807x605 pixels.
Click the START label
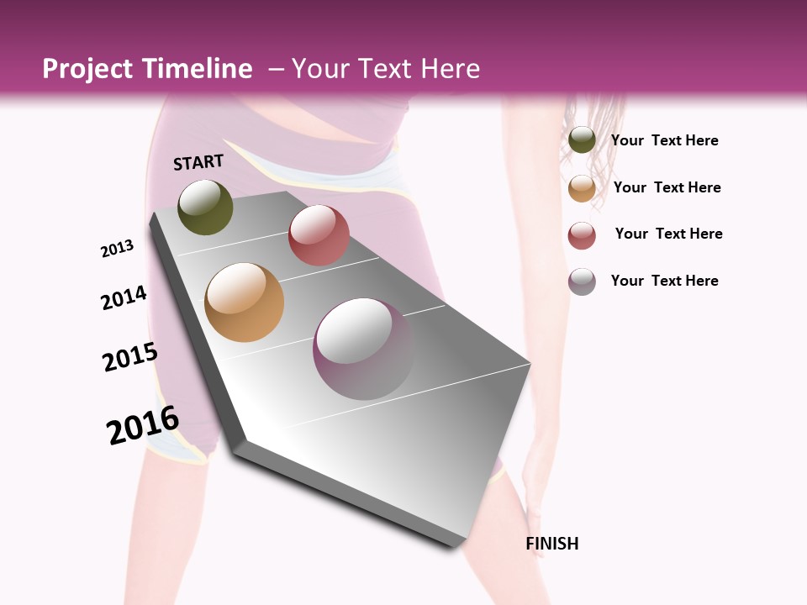pos(198,162)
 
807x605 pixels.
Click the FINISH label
pos(552,544)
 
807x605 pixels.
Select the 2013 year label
pos(117,249)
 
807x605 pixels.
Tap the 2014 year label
pos(124,298)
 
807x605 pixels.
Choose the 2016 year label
pos(143,425)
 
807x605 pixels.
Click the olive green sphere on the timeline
pos(205,207)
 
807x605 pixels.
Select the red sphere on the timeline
pos(319,235)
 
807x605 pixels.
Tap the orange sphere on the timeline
pos(244,302)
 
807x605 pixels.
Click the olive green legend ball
pos(582,140)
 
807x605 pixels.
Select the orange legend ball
pos(582,188)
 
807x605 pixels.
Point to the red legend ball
pos(582,235)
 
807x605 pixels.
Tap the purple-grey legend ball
pos(582,281)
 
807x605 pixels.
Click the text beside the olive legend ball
pos(664,141)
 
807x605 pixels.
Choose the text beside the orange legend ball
pos(667,188)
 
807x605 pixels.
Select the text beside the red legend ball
pos(668,234)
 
